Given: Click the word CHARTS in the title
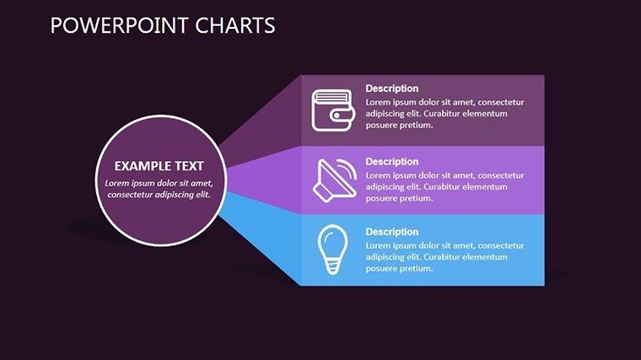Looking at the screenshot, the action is click(x=235, y=25).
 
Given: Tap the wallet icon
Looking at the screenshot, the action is click(x=333, y=110).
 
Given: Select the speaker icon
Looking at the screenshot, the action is click(x=334, y=180).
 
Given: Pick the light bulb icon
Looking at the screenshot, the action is click(x=332, y=250).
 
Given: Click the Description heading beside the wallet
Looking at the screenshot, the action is click(x=392, y=89).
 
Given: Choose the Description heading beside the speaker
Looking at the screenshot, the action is click(x=392, y=162).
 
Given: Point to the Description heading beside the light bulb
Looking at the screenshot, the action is click(x=392, y=232).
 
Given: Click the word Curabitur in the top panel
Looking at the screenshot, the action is click(x=441, y=114).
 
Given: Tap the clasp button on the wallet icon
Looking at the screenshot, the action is click(x=337, y=116).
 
